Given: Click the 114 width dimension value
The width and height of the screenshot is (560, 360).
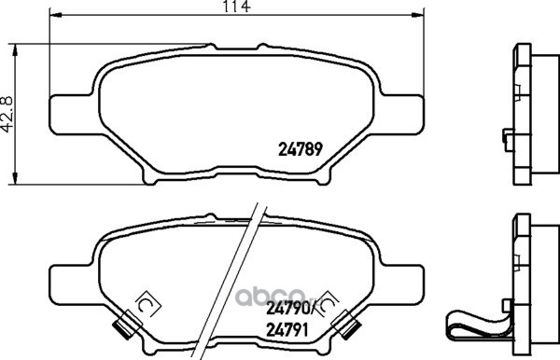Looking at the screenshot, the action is pos(236,7).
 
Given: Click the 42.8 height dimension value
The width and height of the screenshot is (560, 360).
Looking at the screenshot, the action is pos(7,114).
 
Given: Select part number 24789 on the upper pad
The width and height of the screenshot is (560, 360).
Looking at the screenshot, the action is pos(301,149).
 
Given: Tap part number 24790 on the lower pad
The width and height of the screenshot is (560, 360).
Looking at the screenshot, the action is pos(287,309).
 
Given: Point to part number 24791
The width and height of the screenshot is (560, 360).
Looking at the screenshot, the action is pos(287,330).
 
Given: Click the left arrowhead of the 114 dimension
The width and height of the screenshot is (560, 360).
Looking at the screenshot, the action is pos(55,15).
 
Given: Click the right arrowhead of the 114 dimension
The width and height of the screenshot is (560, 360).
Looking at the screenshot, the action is pos(418,15).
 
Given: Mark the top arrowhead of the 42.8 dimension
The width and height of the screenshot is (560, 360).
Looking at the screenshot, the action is pos(15,50).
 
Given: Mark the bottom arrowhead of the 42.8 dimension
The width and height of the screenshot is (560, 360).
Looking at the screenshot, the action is pos(15,178).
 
